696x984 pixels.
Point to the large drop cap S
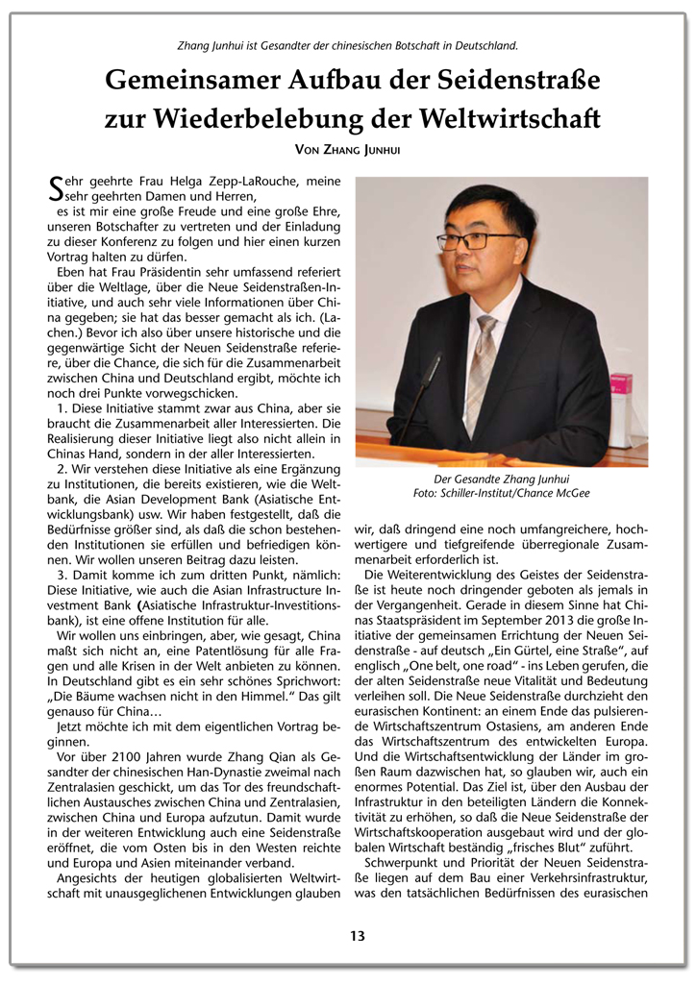(x=55, y=187)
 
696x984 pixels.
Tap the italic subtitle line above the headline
(x=348, y=45)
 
